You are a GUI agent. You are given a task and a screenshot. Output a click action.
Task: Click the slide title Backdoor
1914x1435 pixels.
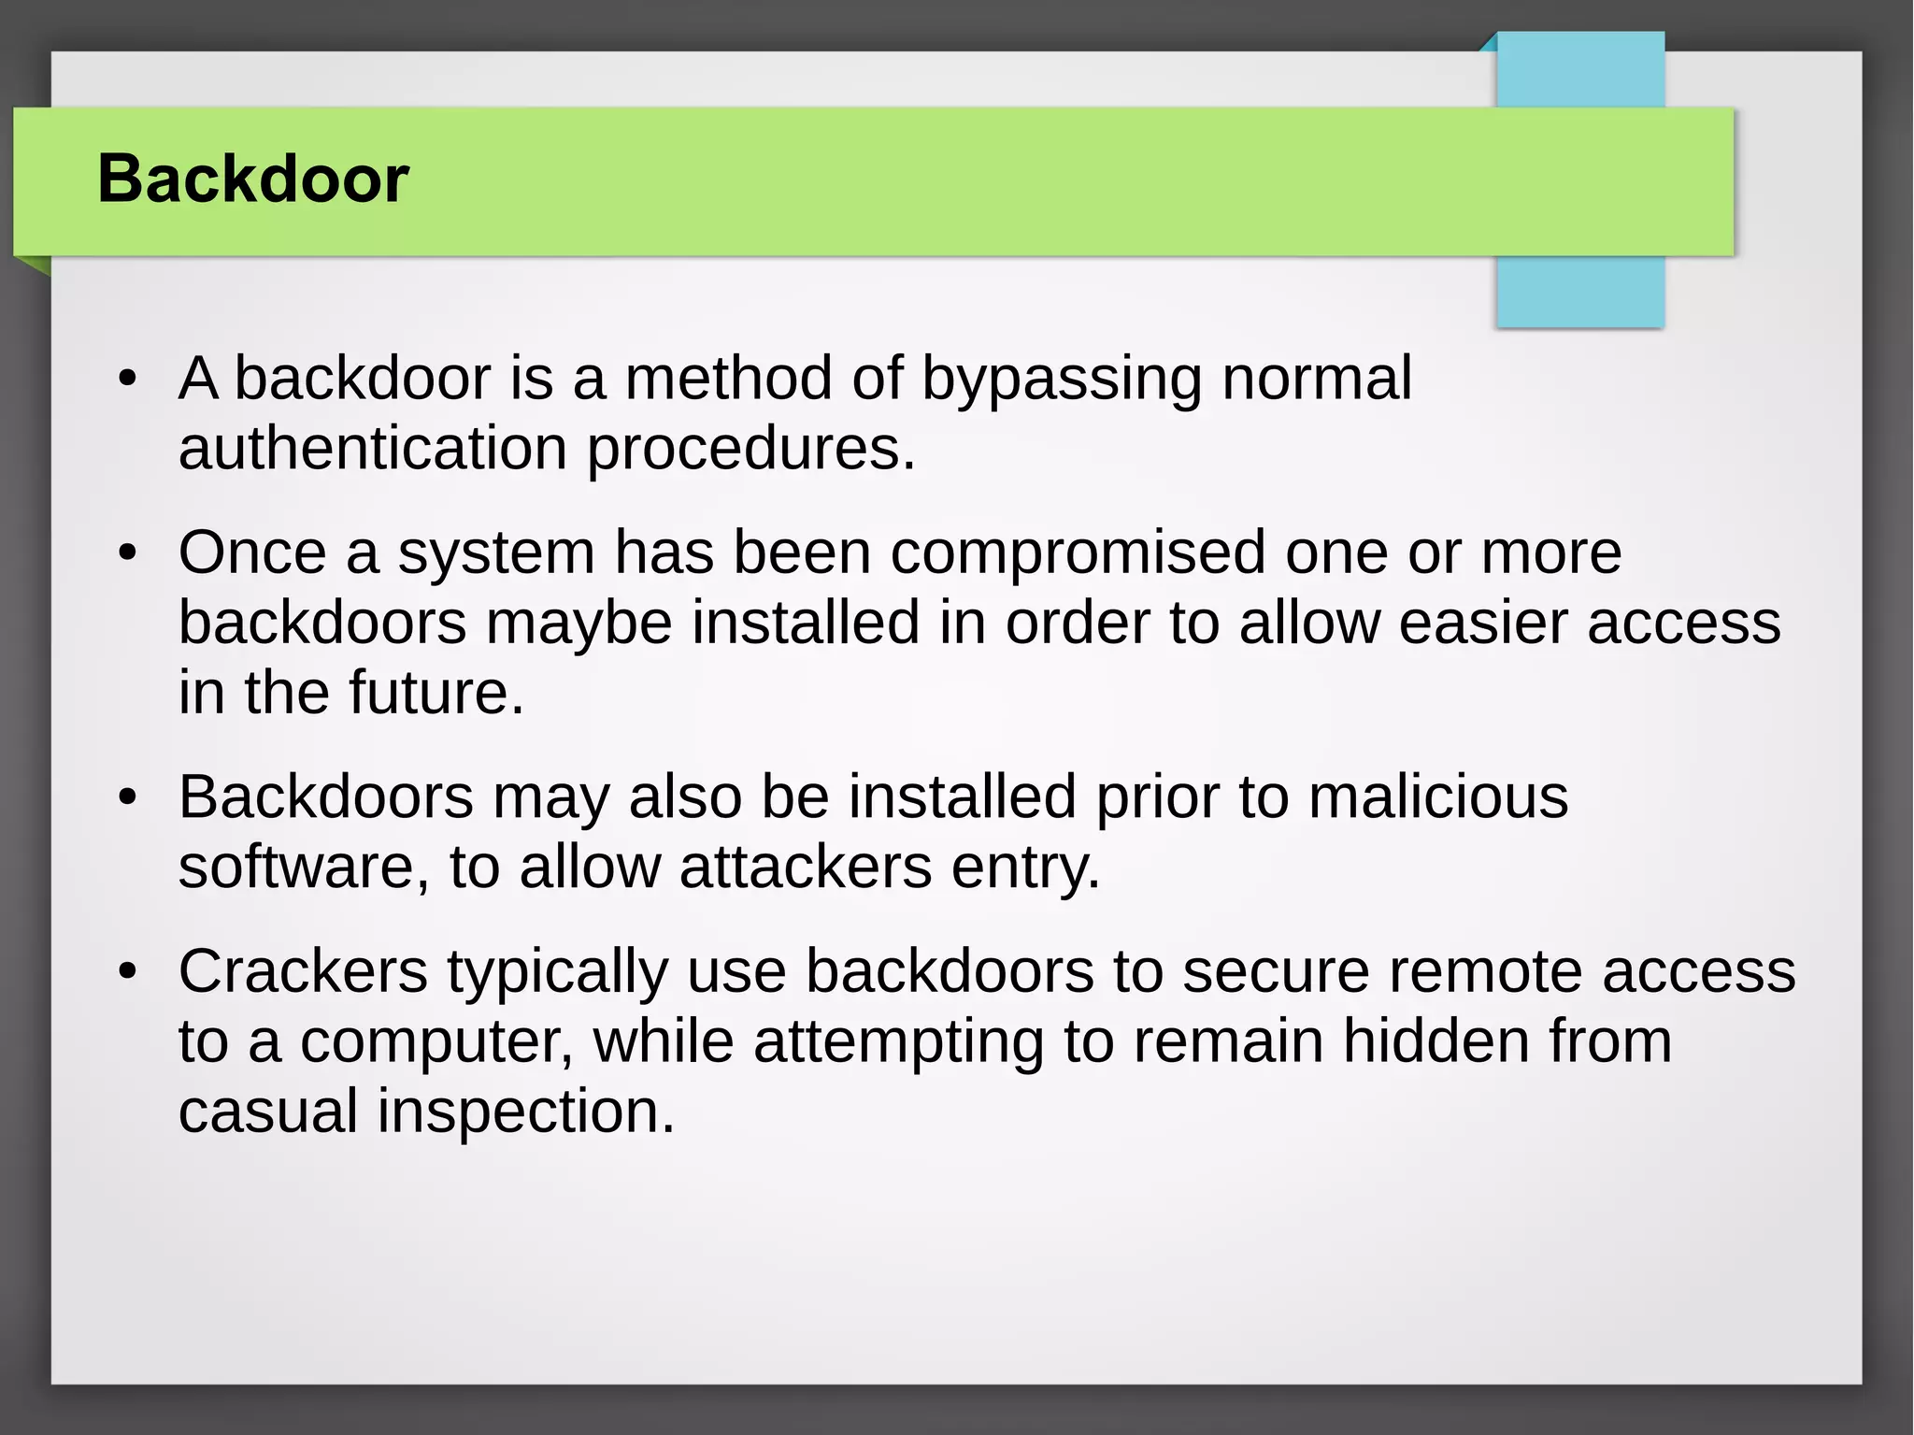(253, 179)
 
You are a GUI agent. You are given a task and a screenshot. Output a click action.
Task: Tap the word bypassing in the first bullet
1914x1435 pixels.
(1062, 379)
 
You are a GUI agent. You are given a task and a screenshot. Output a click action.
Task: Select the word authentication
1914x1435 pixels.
(373, 449)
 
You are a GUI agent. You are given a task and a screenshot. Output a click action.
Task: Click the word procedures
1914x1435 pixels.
(750, 449)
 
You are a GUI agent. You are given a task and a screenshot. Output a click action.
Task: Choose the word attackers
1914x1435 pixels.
(806, 868)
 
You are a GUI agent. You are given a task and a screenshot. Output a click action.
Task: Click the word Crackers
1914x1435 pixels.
(303, 971)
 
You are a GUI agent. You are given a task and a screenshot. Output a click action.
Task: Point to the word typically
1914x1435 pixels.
(557, 973)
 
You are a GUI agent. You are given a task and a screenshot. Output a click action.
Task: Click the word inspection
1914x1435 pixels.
(525, 1112)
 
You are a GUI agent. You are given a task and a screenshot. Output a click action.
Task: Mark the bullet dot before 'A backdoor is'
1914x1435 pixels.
(128, 380)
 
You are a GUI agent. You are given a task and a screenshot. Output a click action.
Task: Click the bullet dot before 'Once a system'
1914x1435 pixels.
(128, 553)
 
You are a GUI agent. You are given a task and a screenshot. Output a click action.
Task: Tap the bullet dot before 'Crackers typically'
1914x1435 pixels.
(128, 972)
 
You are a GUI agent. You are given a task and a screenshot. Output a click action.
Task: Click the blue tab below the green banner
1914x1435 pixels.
(1579, 292)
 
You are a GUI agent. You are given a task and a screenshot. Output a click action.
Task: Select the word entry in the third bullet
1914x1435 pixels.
(1025, 868)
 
